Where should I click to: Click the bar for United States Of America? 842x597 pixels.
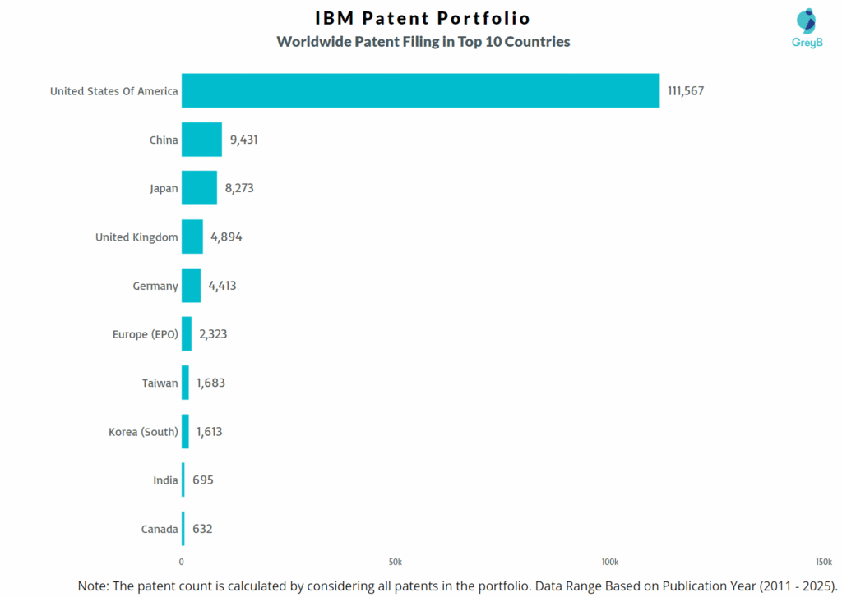[420, 90]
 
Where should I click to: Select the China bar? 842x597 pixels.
[201, 140]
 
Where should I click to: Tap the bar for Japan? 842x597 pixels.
[199, 188]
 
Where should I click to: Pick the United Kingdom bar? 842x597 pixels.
[192, 237]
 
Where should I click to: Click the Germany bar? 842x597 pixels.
[191, 286]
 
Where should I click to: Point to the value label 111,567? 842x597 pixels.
[686, 91]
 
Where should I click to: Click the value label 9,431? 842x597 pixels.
[244, 140]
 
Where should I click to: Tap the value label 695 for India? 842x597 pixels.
[203, 480]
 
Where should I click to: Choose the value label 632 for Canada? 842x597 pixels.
[202, 529]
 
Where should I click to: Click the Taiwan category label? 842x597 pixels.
[160, 383]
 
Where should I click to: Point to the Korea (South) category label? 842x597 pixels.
[143, 431]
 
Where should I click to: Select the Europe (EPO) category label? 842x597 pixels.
[145, 334]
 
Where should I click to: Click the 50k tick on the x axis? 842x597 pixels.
[396, 562]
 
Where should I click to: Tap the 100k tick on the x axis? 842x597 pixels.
[609, 562]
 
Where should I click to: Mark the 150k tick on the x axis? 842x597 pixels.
[822, 562]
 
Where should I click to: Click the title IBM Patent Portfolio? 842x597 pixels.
[423, 18]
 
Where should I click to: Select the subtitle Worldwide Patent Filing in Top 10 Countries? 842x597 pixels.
[423, 41]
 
